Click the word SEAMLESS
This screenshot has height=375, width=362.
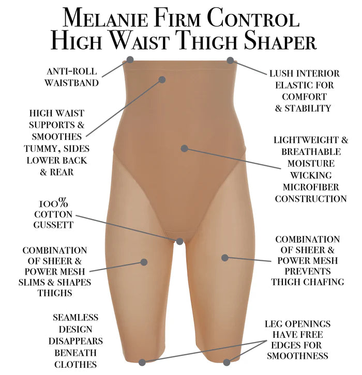pyautogui.click(x=76, y=318)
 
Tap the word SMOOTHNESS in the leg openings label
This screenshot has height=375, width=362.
pyautogui.click(x=297, y=356)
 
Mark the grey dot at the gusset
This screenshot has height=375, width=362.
pyautogui.click(x=179, y=241)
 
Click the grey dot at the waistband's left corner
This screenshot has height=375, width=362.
pyautogui.click(x=130, y=60)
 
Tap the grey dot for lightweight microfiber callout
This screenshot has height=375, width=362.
pyautogui.click(x=184, y=148)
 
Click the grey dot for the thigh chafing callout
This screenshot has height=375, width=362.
pyautogui.click(x=224, y=257)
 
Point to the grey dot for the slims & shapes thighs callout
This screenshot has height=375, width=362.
pyautogui.click(x=144, y=262)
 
